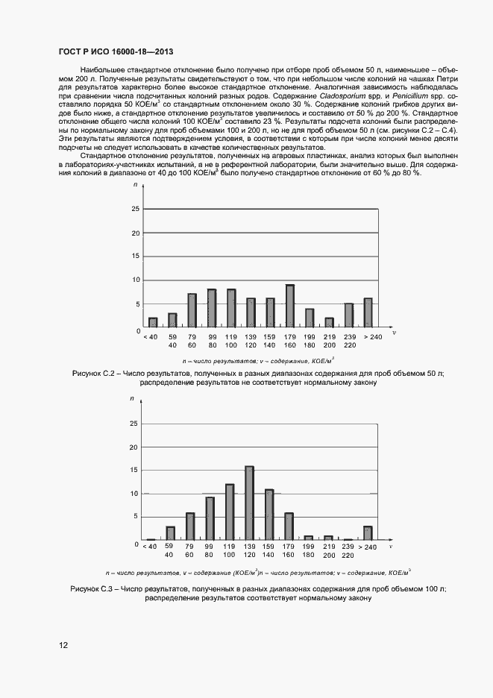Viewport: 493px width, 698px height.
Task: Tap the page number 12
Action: (x=63, y=645)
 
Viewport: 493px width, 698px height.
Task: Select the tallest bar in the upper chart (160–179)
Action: (x=289, y=306)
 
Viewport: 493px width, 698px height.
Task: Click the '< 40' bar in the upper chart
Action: (x=153, y=322)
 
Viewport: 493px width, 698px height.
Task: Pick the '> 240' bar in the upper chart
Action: (x=368, y=312)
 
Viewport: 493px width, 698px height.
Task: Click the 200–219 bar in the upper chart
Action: (x=329, y=322)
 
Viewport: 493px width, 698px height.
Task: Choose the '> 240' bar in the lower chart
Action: (x=368, y=532)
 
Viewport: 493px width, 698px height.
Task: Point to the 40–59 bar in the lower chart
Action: (x=171, y=532)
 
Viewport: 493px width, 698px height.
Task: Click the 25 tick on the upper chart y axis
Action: (x=135, y=210)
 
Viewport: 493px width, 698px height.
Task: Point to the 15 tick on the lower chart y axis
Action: (x=134, y=470)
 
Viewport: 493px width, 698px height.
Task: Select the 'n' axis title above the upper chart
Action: (x=135, y=184)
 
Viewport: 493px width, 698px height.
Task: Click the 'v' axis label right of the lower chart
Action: (x=393, y=545)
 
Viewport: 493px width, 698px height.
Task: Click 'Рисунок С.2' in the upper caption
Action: (x=93, y=372)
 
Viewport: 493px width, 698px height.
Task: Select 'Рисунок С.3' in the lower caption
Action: (x=93, y=588)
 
